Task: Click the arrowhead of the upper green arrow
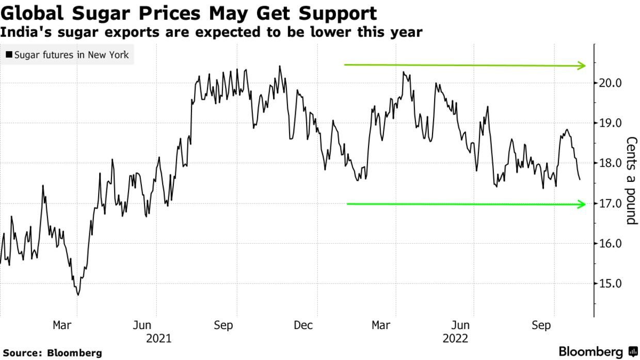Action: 583,66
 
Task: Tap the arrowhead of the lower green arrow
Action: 583,204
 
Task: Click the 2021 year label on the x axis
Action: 158,339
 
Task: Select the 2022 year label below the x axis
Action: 455,339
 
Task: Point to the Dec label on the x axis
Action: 303,325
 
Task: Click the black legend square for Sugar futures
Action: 9,54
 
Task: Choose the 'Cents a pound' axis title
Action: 631,181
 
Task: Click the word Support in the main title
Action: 333,12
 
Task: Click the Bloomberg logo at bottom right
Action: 598,352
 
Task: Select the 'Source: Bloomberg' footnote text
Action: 52,353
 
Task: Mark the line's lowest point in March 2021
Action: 78,295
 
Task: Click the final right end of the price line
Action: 580,180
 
